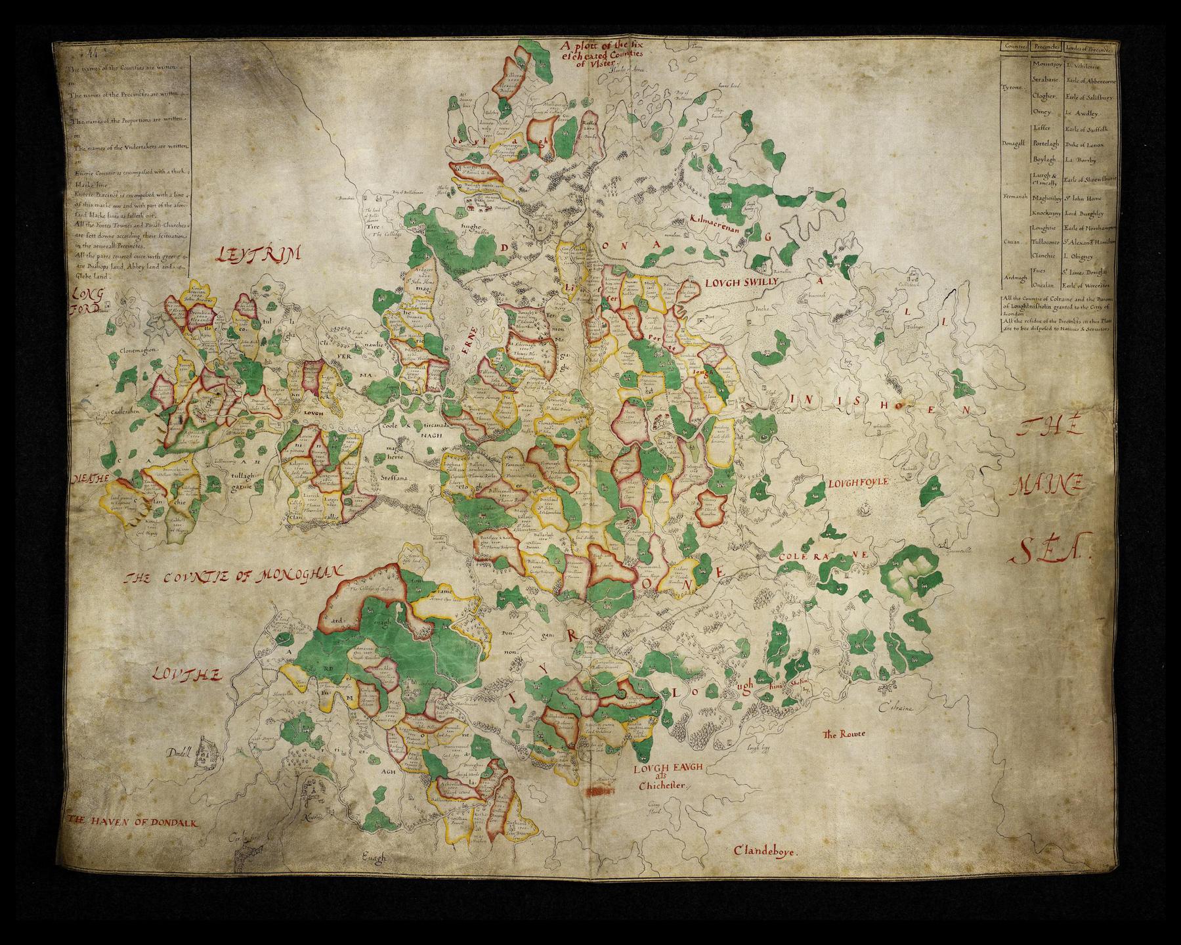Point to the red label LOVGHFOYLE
pyautogui.click(x=859, y=483)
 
